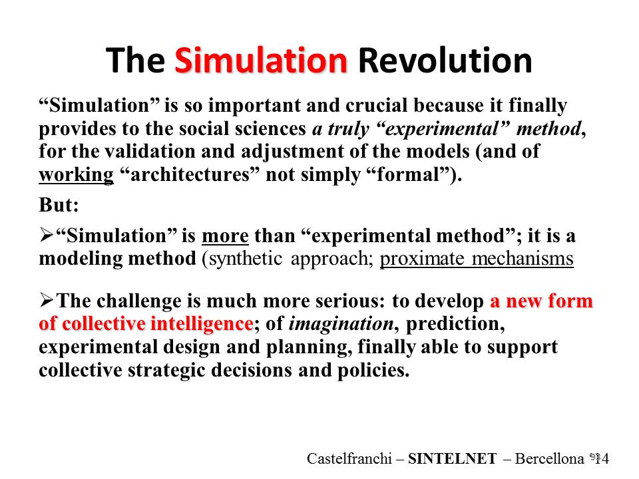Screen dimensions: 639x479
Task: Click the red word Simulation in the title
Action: point(261,61)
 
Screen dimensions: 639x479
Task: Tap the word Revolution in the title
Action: point(445,61)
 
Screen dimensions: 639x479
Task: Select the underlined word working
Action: point(76,175)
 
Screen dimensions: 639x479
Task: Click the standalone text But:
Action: point(59,204)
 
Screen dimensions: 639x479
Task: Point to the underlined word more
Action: point(225,236)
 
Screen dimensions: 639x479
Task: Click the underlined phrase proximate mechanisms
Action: point(477,259)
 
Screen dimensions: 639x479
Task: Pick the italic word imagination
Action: point(341,324)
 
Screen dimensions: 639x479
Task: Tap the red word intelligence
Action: point(202,324)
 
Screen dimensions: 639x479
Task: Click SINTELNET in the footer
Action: point(453,458)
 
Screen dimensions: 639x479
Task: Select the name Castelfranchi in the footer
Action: point(349,458)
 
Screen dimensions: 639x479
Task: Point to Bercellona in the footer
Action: point(549,458)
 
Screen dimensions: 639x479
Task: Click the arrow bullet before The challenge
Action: point(47,301)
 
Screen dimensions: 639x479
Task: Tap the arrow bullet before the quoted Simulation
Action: point(47,236)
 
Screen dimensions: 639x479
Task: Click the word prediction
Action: point(455,324)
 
